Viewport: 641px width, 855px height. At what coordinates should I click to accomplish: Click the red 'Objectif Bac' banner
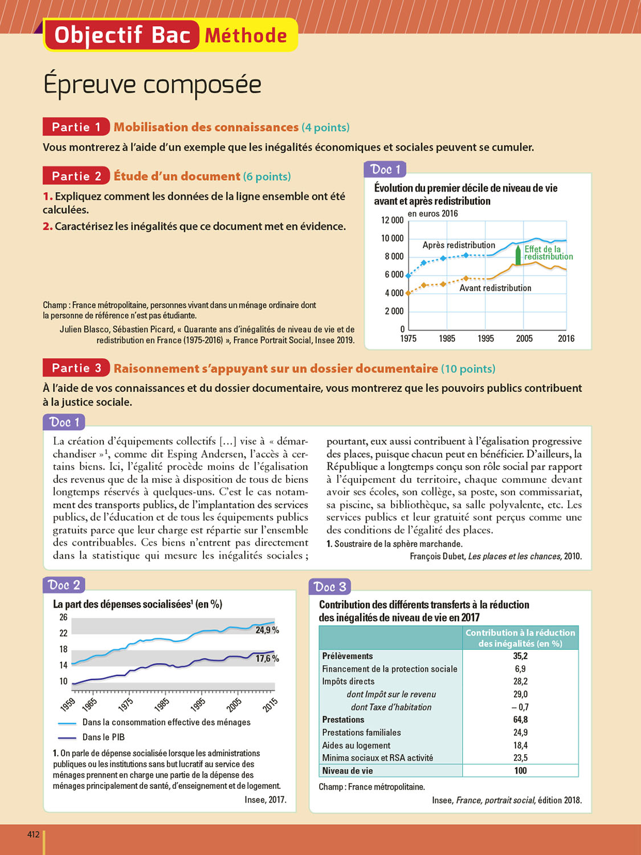coord(121,35)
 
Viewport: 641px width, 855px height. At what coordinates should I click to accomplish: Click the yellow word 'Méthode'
coord(246,36)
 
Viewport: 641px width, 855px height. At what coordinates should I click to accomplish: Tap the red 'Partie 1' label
coord(76,127)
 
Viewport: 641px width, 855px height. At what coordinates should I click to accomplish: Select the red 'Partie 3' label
coord(76,368)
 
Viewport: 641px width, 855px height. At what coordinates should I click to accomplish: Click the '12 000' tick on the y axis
coord(392,221)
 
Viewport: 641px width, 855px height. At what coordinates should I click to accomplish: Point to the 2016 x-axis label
coord(566,339)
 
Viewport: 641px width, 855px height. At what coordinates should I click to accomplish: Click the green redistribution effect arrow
coord(518,255)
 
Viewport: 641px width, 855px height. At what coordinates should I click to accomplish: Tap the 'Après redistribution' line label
coord(459,245)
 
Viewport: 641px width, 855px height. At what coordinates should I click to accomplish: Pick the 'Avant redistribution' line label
coord(495,288)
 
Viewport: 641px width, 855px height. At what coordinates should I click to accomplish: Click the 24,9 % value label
coord(267,630)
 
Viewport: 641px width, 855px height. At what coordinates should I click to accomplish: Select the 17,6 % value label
coord(267,658)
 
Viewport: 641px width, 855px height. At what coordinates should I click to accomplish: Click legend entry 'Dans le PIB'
coord(103,737)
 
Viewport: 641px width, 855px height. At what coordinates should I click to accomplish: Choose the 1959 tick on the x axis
coord(68,705)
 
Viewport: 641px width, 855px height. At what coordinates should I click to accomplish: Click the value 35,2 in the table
coord(520,656)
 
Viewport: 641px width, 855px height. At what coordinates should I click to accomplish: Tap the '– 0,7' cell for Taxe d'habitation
coord(520,707)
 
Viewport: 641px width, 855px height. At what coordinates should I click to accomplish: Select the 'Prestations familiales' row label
coord(361,732)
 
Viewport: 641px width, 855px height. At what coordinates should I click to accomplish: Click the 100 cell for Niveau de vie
coord(520,771)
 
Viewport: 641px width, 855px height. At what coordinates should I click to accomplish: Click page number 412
coord(34,834)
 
